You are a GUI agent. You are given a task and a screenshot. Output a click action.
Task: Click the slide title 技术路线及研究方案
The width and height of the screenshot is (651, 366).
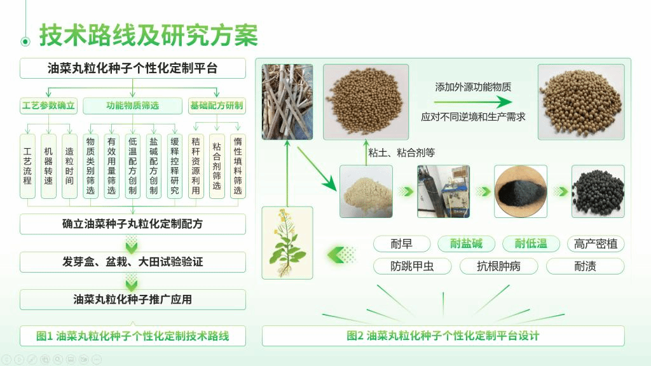[x=149, y=35]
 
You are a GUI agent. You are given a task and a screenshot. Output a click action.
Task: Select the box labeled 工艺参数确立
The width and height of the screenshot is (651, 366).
[x=48, y=105]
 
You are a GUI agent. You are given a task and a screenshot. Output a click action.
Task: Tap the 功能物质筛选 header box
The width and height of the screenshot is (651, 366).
[x=132, y=105]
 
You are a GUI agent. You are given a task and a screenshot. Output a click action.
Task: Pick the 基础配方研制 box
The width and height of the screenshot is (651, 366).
[x=217, y=105]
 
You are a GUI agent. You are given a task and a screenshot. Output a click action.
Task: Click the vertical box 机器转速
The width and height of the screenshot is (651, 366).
[x=48, y=166]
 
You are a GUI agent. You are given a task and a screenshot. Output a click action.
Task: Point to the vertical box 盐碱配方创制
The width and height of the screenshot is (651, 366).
[x=154, y=166]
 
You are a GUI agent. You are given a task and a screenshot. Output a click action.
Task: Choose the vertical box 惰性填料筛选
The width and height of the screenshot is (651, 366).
[x=238, y=166]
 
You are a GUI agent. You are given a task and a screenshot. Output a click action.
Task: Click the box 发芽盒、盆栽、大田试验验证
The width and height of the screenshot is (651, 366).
[x=133, y=262]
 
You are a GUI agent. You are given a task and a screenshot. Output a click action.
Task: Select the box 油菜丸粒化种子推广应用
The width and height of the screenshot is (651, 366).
[x=133, y=299]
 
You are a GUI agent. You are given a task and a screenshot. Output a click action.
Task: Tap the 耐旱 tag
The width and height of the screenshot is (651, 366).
[x=402, y=243]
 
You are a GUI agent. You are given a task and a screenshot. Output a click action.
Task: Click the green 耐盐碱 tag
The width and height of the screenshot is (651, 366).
[x=466, y=243]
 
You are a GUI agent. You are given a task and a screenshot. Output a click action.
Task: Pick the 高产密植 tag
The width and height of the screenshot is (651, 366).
[x=596, y=243]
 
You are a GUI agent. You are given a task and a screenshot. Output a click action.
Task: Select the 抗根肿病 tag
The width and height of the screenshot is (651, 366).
[x=498, y=266]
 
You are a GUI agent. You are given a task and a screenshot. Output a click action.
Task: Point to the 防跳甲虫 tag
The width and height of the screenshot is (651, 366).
[x=412, y=266]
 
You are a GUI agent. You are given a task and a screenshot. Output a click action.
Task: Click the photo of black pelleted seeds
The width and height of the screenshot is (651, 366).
[x=598, y=191]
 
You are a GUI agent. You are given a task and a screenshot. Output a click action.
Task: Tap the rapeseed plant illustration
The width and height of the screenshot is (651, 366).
[x=287, y=243]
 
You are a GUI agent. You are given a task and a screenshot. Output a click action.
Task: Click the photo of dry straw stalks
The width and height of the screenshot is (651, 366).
[x=287, y=102]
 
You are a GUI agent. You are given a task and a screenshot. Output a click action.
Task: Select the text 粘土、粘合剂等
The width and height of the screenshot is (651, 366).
[x=402, y=152]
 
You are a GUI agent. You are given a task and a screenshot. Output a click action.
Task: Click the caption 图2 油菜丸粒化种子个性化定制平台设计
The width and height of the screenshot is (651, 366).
[x=443, y=335]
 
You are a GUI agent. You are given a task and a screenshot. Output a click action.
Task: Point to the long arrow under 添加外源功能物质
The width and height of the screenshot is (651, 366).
[x=473, y=102]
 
